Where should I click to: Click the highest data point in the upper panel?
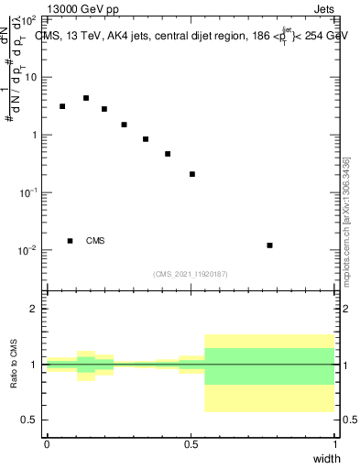86,98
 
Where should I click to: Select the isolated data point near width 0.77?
269,245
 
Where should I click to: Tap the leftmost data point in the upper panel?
62,106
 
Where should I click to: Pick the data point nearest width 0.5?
192,174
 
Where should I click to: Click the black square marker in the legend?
70,241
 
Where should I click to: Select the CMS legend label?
95,241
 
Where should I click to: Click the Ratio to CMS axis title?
14,365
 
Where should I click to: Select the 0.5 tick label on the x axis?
191,443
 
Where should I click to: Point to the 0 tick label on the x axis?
47,443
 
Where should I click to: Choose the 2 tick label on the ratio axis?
34,309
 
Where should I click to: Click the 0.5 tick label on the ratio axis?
28,420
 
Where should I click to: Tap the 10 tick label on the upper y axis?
29,77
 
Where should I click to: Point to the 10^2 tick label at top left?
27,19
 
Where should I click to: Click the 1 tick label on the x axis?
335,443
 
